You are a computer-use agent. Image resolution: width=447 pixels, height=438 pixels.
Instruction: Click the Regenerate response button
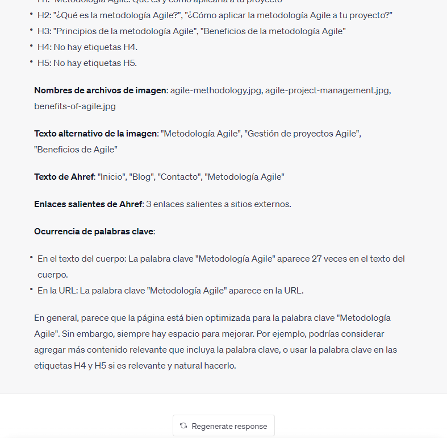coord(224,425)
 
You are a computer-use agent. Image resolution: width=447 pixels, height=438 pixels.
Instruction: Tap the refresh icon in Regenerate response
coord(183,425)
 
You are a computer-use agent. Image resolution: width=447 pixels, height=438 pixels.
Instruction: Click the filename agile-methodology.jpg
coord(216,90)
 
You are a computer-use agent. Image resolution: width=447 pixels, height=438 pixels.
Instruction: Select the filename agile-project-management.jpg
coord(328,90)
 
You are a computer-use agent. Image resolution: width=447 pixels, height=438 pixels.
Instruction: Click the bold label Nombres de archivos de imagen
coord(101,90)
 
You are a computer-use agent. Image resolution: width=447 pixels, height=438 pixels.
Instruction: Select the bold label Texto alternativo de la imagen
coord(95,133)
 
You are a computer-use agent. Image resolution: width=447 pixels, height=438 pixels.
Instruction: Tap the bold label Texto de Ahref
coord(64,176)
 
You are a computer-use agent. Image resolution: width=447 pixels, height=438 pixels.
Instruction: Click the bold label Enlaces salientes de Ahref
coord(88,204)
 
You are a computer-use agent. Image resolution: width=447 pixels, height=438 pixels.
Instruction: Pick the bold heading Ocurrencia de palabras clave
coord(94,231)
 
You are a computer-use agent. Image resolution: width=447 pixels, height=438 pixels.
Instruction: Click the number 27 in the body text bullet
coord(318,259)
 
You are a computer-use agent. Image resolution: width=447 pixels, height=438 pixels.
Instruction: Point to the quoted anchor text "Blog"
coord(142,176)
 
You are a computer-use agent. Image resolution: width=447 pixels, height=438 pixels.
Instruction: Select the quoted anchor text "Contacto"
coord(179,176)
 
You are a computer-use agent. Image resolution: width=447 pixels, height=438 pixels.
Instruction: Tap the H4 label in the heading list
coord(44,47)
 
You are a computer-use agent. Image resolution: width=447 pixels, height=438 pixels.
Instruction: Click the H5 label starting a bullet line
coord(44,63)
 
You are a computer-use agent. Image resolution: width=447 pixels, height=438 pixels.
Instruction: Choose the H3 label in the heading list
coord(44,31)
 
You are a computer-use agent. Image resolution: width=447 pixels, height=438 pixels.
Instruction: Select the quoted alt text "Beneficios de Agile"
coord(76,149)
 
